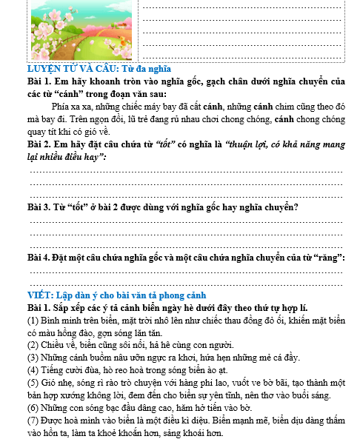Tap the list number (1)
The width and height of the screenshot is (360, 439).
(32, 321)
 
